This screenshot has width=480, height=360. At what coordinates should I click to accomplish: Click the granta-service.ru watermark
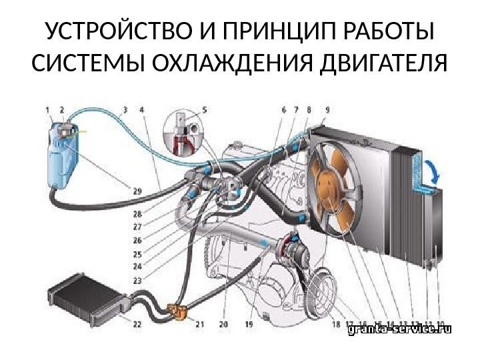pos(400,329)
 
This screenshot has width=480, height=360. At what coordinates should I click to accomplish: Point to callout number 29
pos(136,191)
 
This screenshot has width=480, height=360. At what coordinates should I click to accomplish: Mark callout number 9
pos(326,109)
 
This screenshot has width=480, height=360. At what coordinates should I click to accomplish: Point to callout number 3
pos(125,109)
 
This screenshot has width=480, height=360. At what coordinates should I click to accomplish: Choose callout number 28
pos(136,214)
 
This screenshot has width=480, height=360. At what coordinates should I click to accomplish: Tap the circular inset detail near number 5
pos(185,133)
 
